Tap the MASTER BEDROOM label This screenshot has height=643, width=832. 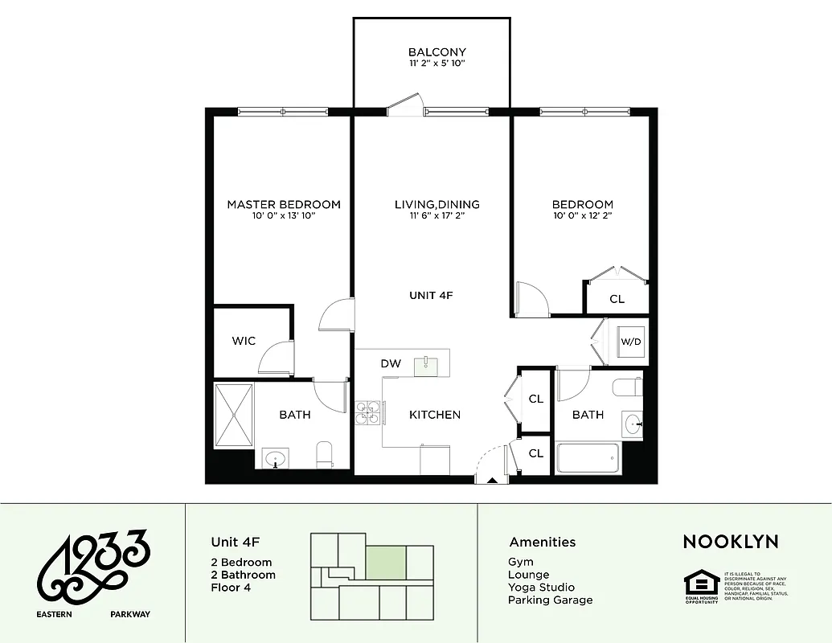[283, 204]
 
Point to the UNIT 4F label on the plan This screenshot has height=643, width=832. [431, 296]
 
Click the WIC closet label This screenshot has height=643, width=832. [244, 341]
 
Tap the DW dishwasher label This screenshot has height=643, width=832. [391, 364]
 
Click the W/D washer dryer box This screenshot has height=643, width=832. [631, 342]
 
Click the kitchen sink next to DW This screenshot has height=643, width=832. [426, 366]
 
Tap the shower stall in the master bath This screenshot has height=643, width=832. [234, 416]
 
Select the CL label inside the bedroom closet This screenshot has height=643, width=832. [617, 299]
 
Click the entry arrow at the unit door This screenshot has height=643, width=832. [490, 479]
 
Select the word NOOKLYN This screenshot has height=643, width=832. [730, 542]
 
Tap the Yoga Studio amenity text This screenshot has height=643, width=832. [541, 588]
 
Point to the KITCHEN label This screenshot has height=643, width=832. [435, 415]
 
